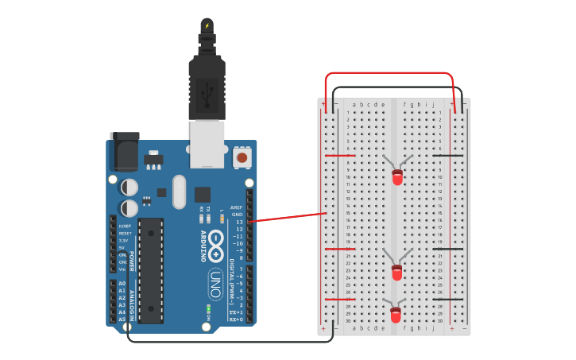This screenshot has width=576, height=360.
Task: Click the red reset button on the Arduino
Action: pyautogui.click(x=242, y=158)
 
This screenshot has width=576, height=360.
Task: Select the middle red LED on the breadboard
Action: pyautogui.click(x=397, y=273)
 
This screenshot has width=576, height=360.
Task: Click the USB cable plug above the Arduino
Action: pyautogui.click(x=207, y=87)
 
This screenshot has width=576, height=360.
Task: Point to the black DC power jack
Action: pyautogui.click(x=125, y=152)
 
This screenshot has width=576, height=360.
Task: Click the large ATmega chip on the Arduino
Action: pyautogui.click(x=150, y=270)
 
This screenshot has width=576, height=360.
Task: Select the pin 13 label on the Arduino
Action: pyautogui.click(x=238, y=222)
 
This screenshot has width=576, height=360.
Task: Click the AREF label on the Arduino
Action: pyautogui.click(x=237, y=207)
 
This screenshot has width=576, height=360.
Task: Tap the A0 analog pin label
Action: pyautogui.click(x=122, y=284)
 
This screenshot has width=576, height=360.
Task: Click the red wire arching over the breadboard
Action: pyautogui.click(x=389, y=73)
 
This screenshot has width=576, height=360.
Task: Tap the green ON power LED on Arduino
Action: pyautogui.click(x=208, y=308)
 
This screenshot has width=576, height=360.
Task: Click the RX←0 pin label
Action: pyautogui.click(x=236, y=319)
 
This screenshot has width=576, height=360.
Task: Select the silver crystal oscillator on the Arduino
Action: pyautogui.click(x=178, y=192)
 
